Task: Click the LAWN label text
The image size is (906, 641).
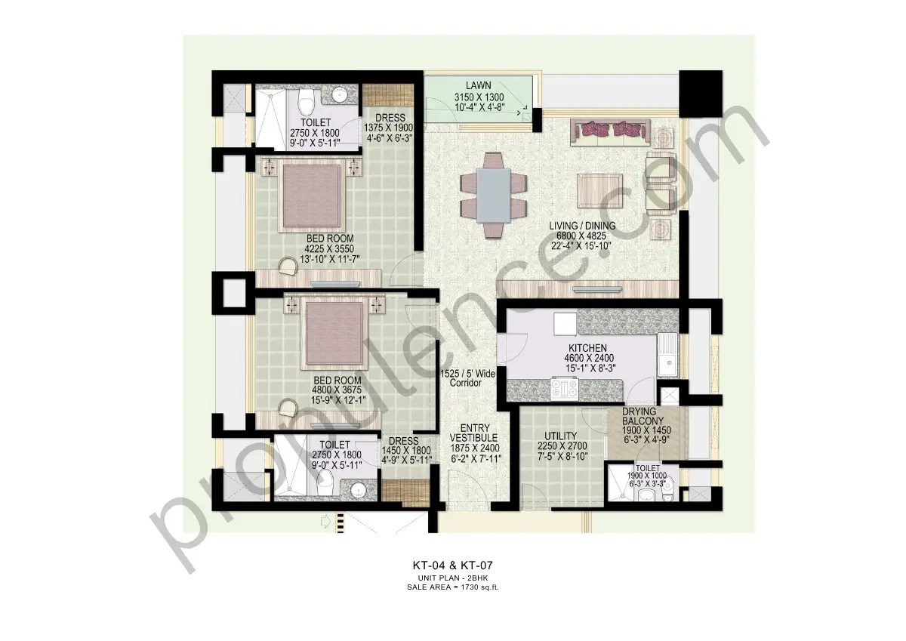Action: click(x=479, y=86)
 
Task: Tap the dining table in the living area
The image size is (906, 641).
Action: click(x=493, y=195)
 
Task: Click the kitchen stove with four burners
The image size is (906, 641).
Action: click(x=565, y=389)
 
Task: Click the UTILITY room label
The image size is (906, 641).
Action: click(x=560, y=436)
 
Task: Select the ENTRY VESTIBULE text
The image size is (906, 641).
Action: click(x=473, y=432)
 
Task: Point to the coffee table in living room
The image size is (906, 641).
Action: click(x=601, y=188)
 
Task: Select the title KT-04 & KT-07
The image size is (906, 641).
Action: click(x=452, y=564)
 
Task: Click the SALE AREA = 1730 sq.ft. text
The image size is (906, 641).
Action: click(x=452, y=585)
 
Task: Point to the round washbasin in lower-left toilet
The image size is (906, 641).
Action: click(x=360, y=492)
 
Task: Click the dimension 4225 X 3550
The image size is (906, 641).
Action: click(x=328, y=248)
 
